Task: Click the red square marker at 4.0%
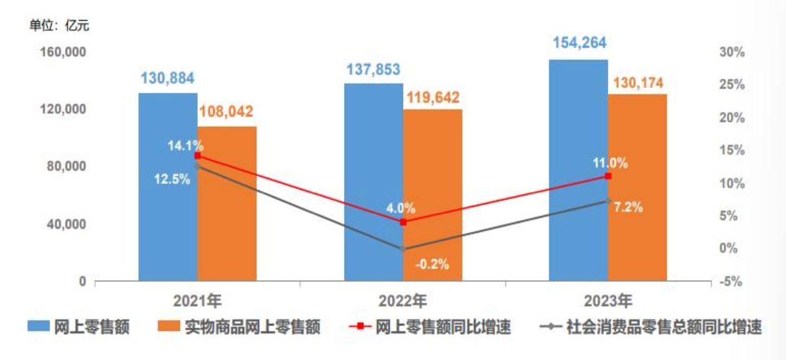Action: pos(403,222)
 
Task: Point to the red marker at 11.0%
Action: pos(608,176)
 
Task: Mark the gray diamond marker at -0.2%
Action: pos(403,249)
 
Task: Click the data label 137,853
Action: pos(373,69)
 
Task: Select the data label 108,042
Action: pos(227,112)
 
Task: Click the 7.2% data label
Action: pos(629,207)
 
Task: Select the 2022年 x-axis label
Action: pos(403,300)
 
